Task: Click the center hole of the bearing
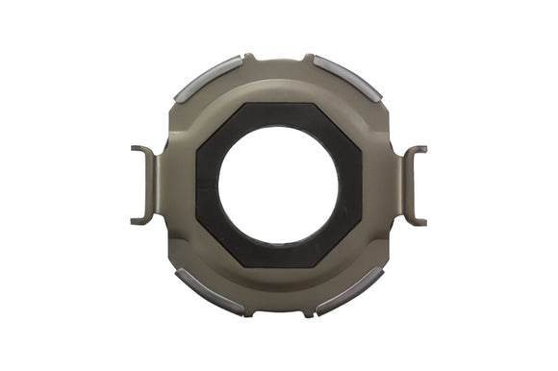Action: (278, 185)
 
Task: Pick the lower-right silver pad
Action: (349, 290)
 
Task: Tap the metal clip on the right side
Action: (411, 185)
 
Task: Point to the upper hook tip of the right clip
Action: (421, 149)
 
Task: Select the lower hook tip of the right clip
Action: (421, 222)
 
